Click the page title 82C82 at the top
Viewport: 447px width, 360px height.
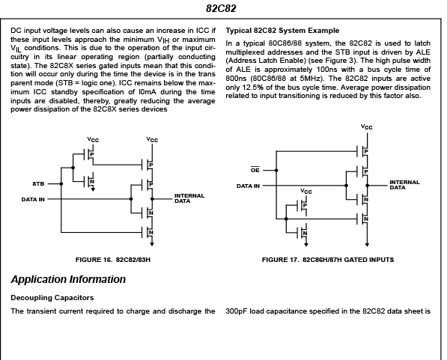pos(221,8)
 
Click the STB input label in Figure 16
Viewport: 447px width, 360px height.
pos(38,184)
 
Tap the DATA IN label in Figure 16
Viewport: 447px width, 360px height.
pos(33,199)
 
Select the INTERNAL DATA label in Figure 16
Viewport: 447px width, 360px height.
pos(189,198)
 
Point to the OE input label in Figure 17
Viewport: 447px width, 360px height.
pos(255,170)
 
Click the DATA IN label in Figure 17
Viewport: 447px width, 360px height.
pos(248,186)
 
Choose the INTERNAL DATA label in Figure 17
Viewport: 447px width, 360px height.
pos(404,185)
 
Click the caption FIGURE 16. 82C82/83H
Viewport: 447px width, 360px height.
pos(113,260)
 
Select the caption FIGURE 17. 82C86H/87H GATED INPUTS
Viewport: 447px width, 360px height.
pos(328,260)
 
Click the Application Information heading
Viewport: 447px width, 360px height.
pos(68,279)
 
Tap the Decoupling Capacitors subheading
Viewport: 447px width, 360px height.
pos(52,298)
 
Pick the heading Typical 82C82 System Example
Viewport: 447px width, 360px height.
pos(282,31)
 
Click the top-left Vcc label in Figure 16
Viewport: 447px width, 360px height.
pos(93,140)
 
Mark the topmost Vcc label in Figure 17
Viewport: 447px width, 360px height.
pos(367,126)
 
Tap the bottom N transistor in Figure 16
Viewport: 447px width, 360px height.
pos(148,233)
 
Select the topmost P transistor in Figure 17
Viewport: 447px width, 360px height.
pos(363,151)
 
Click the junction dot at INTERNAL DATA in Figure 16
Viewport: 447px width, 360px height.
pos(152,199)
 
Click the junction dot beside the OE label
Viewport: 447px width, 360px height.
pos(276,171)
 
